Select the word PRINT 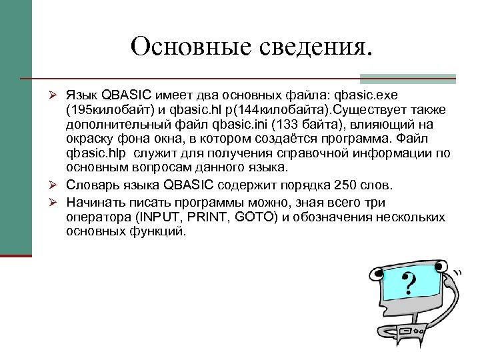tap(208, 218)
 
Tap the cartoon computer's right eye tap(439, 267)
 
